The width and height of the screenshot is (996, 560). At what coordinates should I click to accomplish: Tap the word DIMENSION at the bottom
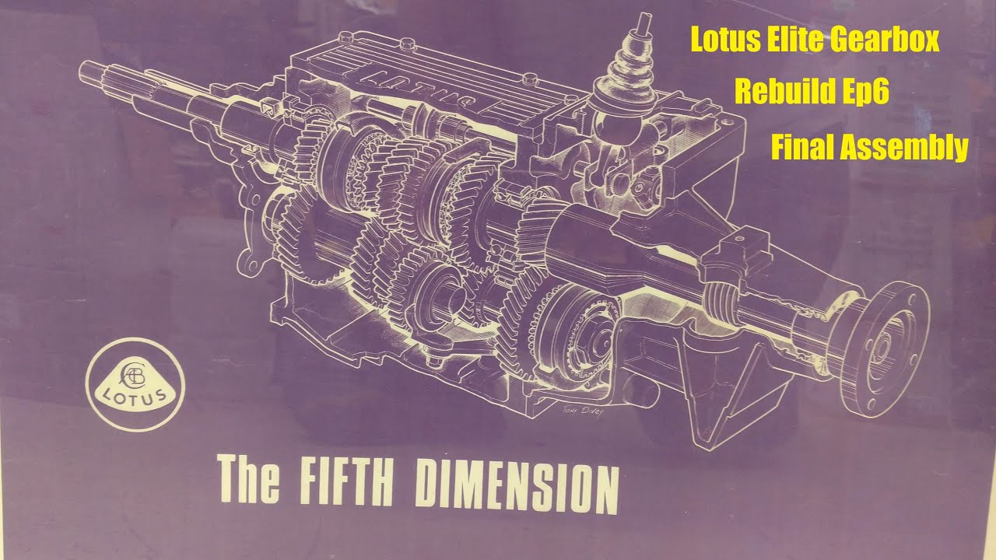click(x=517, y=485)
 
